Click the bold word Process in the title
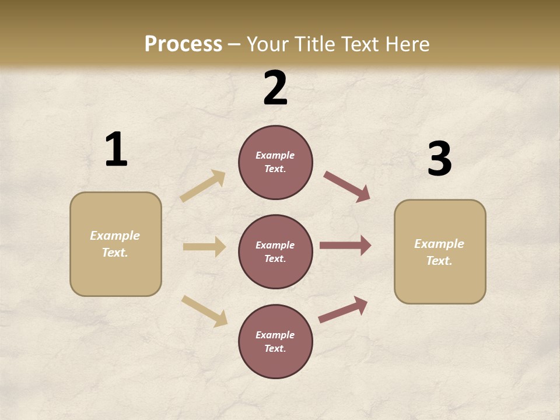pyautogui.click(x=183, y=44)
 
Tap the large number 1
pyautogui.click(x=116, y=150)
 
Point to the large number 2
pyautogui.click(x=275, y=88)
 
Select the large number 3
pyautogui.click(x=439, y=159)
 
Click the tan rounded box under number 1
pyautogui.click(x=116, y=244)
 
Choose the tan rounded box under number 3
pyautogui.click(x=440, y=251)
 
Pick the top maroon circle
pyautogui.click(x=275, y=162)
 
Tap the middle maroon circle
pyautogui.click(x=275, y=251)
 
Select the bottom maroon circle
pyautogui.click(x=275, y=341)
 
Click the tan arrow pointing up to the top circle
pyautogui.click(x=202, y=185)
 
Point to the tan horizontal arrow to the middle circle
pyautogui.click(x=204, y=247)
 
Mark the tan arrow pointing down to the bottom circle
pyautogui.click(x=204, y=311)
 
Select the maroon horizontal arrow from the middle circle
pyautogui.click(x=345, y=246)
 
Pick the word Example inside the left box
pyautogui.click(x=115, y=236)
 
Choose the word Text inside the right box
pyautogui.click(x=438, y=261)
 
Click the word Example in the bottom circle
pyautogui.click(x=275, y=335)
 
